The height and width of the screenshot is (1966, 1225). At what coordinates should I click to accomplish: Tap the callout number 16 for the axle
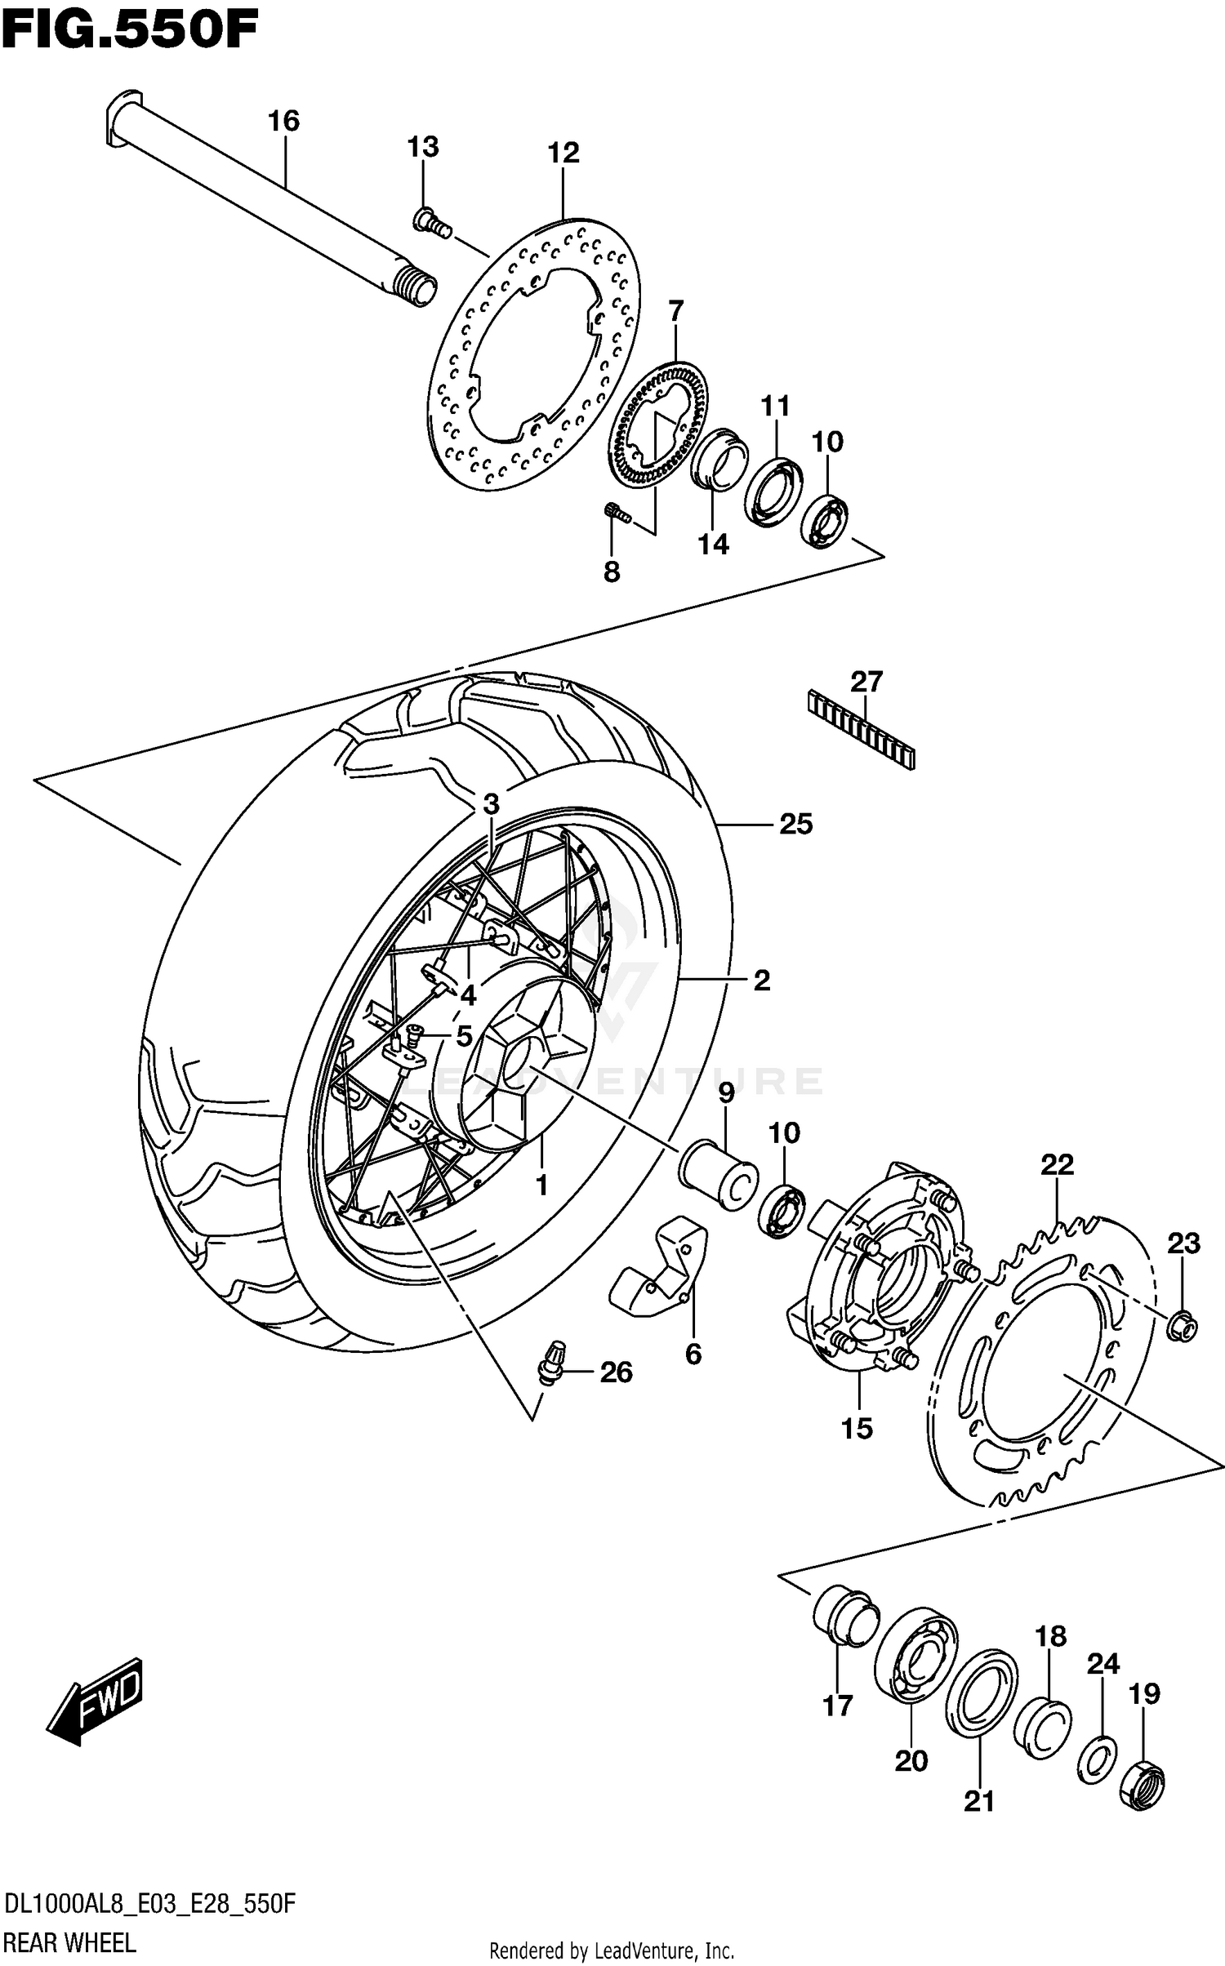[x=283, y=121]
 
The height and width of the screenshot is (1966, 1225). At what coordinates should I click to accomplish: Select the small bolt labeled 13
[x=430, y=221]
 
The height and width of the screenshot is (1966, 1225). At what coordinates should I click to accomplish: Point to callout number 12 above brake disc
[x=563, y=153]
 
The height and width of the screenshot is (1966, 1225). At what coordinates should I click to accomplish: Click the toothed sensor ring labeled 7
[x=660, y=425]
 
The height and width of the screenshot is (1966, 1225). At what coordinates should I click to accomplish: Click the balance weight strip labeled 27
[x=862, y=729]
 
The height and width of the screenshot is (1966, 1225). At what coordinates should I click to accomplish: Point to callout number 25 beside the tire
[x=795, y=824]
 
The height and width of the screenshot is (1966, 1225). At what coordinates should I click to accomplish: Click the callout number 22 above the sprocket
[x=1057, y=1165]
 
